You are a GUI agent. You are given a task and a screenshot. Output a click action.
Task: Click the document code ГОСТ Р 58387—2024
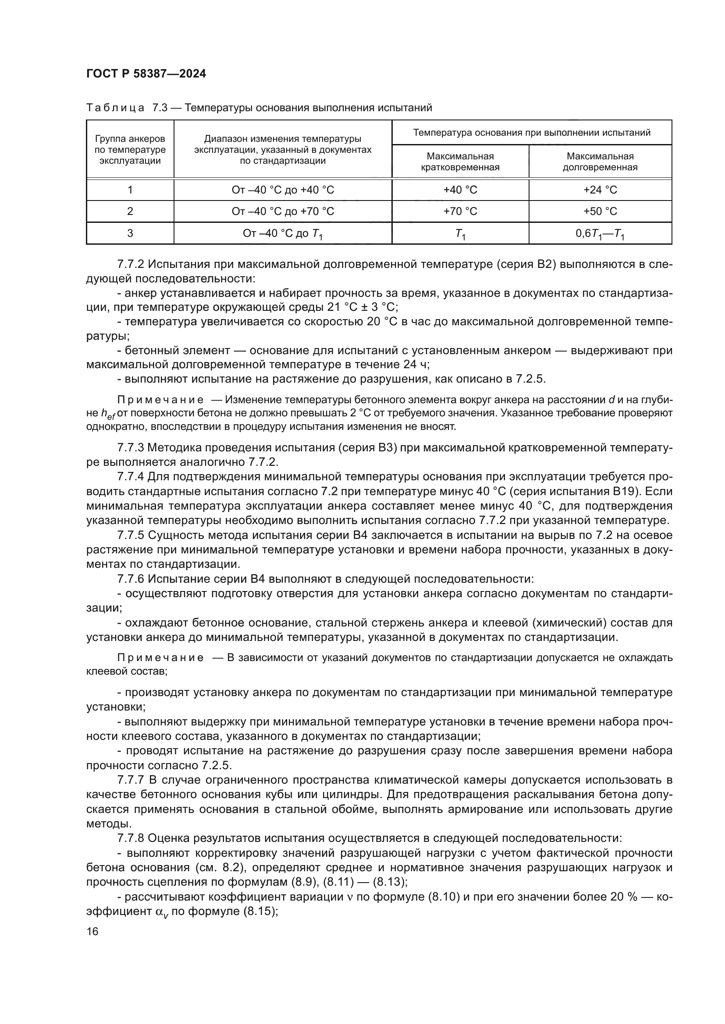pyautogui.click(x=146, y=74)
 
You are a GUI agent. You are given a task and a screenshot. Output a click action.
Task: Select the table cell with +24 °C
pyautogui.click(x=600, y=190)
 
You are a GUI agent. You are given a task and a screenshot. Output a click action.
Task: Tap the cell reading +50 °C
pyautogui.click(x=600, y=211)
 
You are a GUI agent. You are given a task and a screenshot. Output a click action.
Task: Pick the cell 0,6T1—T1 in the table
pyautogui.click(x=600, y=233)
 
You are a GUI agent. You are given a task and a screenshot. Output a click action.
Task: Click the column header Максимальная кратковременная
pyautogui.click(x=460, y=162)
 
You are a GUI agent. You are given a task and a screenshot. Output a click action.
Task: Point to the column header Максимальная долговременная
pyautogui.click(x=600, y=162)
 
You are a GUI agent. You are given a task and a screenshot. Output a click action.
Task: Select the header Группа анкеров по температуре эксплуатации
pyautogui.click(x=130, y=150)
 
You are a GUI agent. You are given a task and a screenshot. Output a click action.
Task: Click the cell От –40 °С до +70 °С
pyautogui.click(x=283, y=211)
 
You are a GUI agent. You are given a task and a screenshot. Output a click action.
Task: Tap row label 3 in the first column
pyautogui.click(x=130, y=233)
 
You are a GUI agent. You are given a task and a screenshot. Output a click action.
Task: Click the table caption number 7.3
pyautogui.click(x=160, y=108)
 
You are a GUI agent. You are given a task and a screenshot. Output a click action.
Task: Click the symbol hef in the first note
pyautogui.click(x=108, y=414)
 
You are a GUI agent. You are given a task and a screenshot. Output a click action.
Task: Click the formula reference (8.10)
pyautogui.click(x=444, y=897)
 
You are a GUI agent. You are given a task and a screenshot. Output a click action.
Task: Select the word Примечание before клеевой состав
pyautogui.click(x=160, y=658)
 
